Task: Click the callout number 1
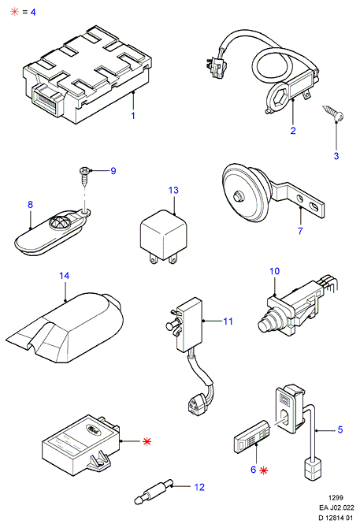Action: click(133, 116)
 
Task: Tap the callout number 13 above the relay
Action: click(173, 190)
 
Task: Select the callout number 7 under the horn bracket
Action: click(300, 231)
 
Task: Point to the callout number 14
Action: click(64, 276)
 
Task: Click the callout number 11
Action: click(228, 321)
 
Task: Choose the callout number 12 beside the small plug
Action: click(199, 487)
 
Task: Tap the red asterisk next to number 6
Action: click(264, 470)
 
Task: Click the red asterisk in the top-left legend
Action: click(15, 12)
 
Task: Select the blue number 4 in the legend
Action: click(33, 12)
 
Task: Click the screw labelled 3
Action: click(334, 113)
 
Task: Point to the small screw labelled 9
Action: click(84, 176)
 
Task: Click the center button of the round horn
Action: click(237, 196)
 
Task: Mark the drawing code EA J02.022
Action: click(336, 507)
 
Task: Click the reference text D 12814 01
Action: click(336, 518)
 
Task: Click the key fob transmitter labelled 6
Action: click(251, 437)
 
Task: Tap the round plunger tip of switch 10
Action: click(265, 324)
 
